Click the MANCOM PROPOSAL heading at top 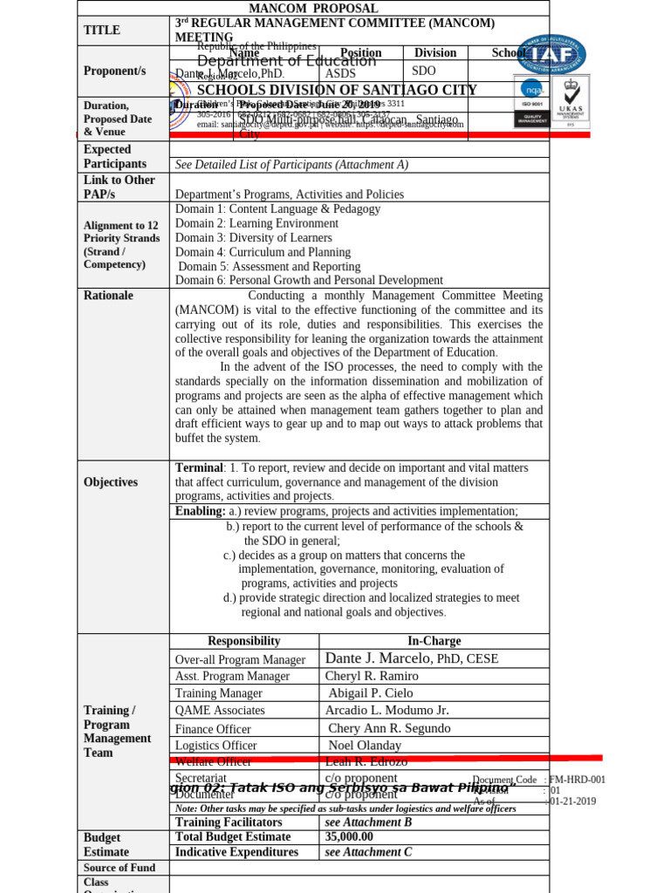click(x=314, y=8)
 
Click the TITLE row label click(x=101, y=31)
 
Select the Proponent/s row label click(x=114, y=71)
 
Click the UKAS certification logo click(x=571, y=101)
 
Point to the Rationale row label click(x=108, y=296)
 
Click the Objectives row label click(x=111, y=482)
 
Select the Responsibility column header click(x=244, y=641)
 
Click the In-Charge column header click(x=434, y=641)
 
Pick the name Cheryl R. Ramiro click(x=372, y=676)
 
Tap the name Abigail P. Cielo click(x=371, y=693)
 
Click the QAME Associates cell click(x=220, y=711)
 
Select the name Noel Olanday click(x=365, y=746)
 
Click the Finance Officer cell click(x=213, y=729)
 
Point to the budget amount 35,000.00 click(x=349, y=836)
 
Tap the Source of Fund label click(x=120, y=868)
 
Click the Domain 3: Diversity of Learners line click(x=253, y=238)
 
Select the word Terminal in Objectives click(x=199, y=468)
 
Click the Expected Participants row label click(x=115, y=157)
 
